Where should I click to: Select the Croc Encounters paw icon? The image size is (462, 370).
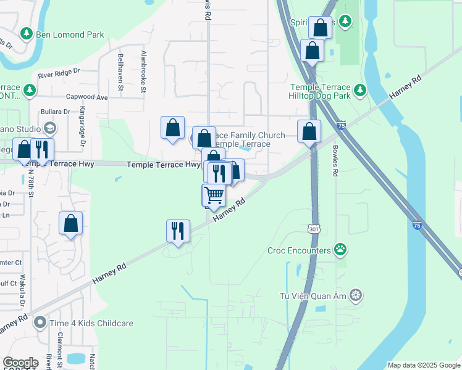(x=340, y=250)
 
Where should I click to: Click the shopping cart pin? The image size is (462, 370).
(x=214, y=195)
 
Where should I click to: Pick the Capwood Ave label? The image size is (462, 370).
(x=87, y=97)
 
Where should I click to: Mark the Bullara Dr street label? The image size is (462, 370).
(x=55, y=112)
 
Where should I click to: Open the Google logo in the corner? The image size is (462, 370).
(x=20, y=363)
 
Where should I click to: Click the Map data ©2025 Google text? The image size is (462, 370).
(x=423, y=365)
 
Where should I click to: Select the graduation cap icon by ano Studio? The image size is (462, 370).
(x=49, y=128)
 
